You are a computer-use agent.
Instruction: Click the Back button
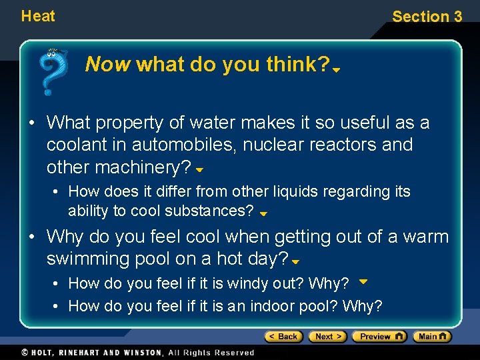point(284,337)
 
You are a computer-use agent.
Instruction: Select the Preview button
point(379,337)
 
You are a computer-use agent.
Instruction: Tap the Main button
point(432,337)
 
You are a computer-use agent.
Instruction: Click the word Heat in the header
point(38,15)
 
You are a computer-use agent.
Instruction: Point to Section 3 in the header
point(427,17)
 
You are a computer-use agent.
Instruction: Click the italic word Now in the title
point(109,65)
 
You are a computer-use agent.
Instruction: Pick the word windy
point(252,283)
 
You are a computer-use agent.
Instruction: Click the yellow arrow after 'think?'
point(337,69)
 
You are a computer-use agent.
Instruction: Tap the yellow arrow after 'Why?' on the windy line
point(363,281)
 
